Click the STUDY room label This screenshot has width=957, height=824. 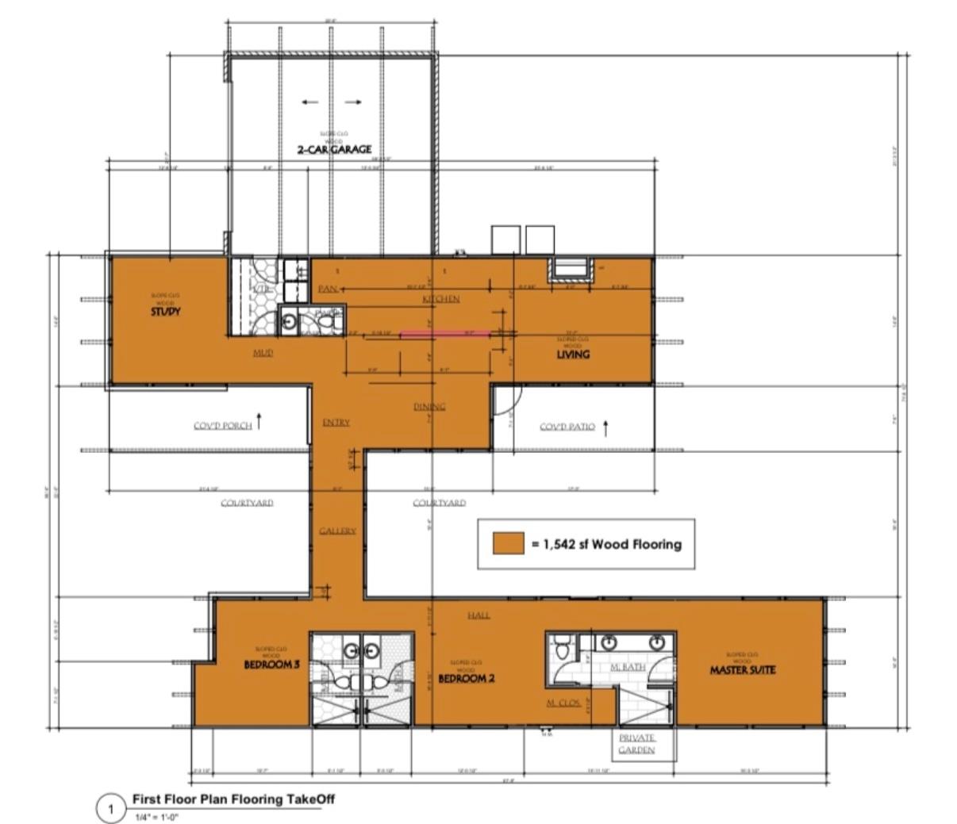[x=166, y=312]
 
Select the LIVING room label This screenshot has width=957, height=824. [x=572, y=355]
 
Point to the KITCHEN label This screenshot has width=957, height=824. [x=440, y=299]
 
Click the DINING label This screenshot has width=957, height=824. [x=429, y=407]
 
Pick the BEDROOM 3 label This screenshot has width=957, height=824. [x=271, y=665]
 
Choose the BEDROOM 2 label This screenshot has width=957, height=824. [x=467, y=679]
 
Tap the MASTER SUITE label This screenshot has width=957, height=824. [x=742, y=670]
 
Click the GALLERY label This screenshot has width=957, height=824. [x=337, y=531]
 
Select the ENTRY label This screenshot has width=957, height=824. [x=336, y=423]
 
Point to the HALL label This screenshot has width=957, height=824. [x=478, y=615]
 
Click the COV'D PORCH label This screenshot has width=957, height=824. [x=223, y=426]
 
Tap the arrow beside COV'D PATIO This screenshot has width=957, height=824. [x=606, y=427]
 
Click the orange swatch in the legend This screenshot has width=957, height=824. [x=508, y=543]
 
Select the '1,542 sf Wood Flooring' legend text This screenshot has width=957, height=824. [x=607, y=544]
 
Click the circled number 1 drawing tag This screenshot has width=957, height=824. [x=111, y=810]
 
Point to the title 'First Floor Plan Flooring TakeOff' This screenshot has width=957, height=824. [x=233, y=799]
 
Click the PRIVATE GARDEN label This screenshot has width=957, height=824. [x=637, y=744]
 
